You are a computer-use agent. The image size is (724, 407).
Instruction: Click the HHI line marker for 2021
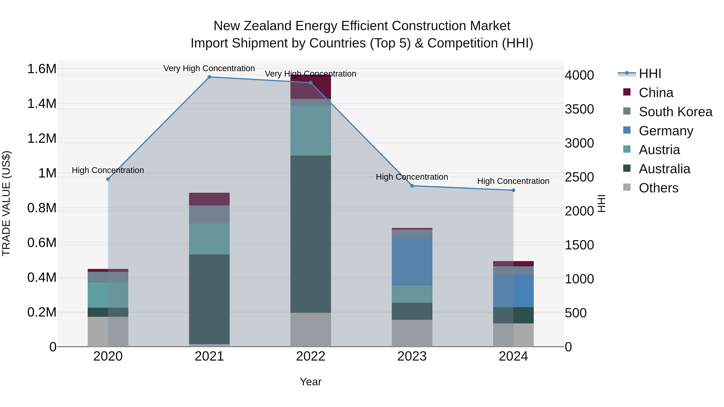209,77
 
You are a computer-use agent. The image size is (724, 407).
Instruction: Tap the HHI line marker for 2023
412,186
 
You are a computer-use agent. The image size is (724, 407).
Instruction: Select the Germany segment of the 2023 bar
412,261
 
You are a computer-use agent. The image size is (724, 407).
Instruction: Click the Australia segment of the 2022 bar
311,234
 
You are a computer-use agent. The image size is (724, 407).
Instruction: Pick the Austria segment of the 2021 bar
209,239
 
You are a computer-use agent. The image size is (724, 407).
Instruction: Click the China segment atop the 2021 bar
209,199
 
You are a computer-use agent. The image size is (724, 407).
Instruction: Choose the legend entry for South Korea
675,112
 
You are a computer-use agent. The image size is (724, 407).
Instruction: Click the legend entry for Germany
666,131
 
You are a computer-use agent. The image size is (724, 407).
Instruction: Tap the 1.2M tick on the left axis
42,138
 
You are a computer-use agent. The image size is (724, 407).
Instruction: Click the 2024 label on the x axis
513,356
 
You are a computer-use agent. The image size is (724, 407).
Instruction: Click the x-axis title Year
311,382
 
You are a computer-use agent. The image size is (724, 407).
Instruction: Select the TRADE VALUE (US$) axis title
6,203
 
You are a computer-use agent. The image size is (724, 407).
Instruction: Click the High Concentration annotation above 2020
108,170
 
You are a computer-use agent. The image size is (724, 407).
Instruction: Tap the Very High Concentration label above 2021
209,68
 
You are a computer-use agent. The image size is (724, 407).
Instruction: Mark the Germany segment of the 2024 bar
513,291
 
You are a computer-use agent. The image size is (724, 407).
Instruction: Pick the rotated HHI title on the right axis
601,203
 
